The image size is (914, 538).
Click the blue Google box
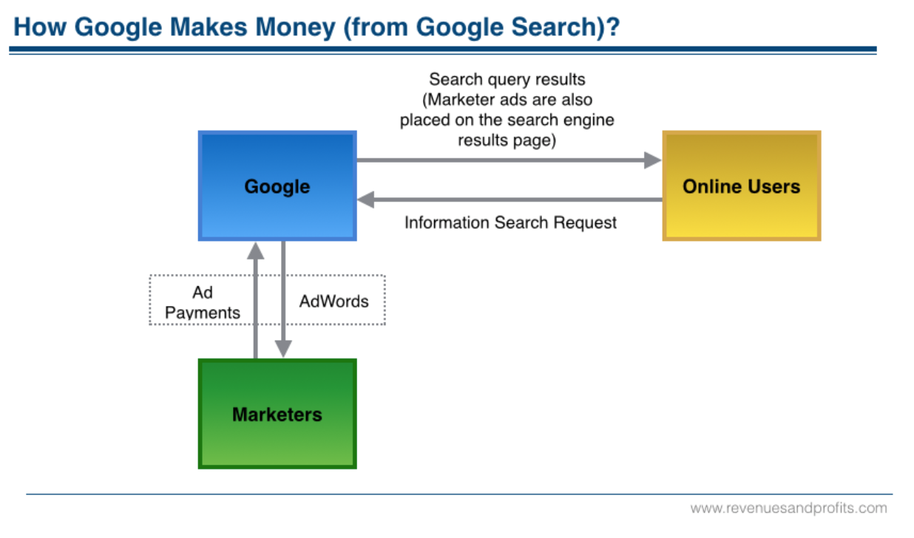[277, 185]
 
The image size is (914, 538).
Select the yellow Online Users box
[742, 185]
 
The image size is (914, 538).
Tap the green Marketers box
[277, 414]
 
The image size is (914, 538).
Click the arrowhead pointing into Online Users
[653, 160]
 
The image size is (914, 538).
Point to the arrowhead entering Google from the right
[365, 200]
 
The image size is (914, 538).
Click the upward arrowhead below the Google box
[255, 251]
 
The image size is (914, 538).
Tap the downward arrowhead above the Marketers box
[283, 349]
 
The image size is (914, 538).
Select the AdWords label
[334, 302]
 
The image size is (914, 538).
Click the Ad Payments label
[203, 302]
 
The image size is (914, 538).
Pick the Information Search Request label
[510, 222]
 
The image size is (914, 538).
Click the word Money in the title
[295, 27]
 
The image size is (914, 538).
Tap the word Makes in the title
[209, 27]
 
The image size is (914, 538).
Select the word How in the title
[40, 27]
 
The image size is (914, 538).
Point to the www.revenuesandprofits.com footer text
[789, 508]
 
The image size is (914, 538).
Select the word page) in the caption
[535, 140]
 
